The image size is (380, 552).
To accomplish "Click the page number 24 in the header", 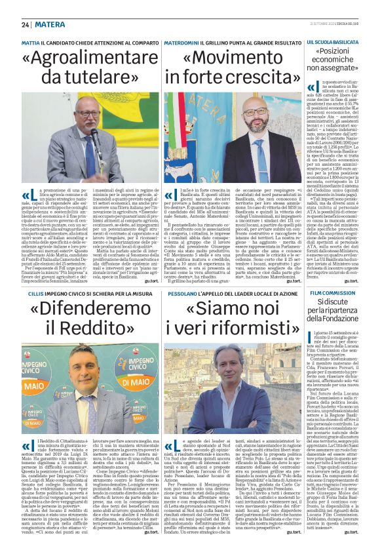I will coord(26,25).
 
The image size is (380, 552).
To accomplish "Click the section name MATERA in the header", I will coord(49,25).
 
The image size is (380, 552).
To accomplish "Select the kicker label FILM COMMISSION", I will coord(332,292).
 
